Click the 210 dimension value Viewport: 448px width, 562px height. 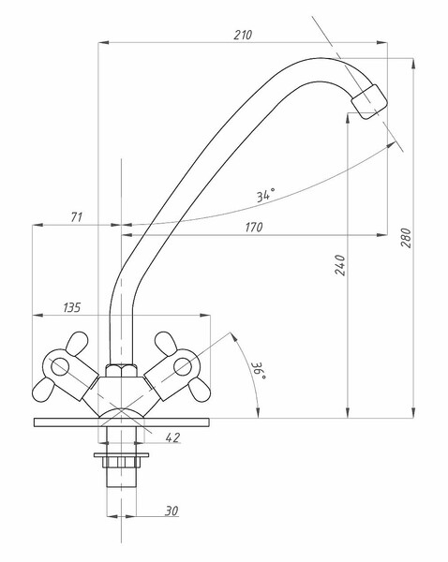coord(243,35)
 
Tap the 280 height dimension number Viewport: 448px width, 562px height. coord(406,237)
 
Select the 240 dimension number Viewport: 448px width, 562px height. coord(340,265)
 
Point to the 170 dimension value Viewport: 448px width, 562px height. coord(254,227)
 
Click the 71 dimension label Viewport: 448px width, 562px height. coord(77,217)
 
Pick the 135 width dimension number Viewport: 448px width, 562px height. coord(72,307)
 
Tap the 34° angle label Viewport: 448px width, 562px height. coord(266,195)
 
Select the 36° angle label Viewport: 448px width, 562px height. coord(261,371)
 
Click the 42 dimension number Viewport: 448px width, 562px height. coord(172,437)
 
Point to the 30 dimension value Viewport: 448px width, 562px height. coord(172,510)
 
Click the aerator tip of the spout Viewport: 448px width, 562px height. coord(369,101)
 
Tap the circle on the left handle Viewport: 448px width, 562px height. coord(60,366)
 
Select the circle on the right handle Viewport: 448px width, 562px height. coord(183,366)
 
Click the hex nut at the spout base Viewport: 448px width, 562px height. coord(121,371)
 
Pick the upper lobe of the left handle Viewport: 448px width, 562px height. coord(77,344)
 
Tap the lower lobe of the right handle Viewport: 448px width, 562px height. coord(199,390)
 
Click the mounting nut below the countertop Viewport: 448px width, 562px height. coord(121,462)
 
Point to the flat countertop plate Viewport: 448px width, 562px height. coord(121,422)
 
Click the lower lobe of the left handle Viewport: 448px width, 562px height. coord(43,390)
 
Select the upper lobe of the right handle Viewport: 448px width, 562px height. coord(166,344)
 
